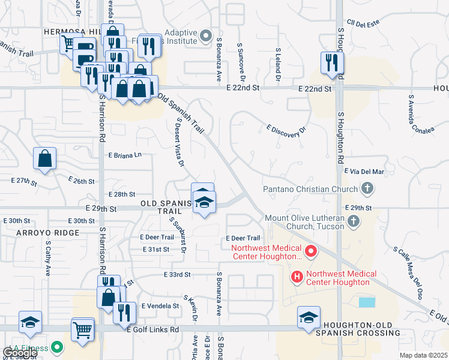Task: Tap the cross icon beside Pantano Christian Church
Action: pyautogui.click(x=367, y=190)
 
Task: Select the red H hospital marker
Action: pyautogui.click(x=296, y=276)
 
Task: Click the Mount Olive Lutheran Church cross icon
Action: pyautogui.click(x=354, y=221)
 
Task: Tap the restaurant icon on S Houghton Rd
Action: pyautogui.click(x=331, y=62)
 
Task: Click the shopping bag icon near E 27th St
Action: pyautogui.click(x=44, y=159)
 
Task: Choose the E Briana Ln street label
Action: pyautogui.click(x=125, y=155)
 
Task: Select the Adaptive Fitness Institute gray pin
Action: pyautogui.click(x=206, y=37)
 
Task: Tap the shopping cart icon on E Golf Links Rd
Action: pyautogui.click(x=82, y=329)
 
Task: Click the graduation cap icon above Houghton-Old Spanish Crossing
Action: pyautogui.click(x=309, y=317)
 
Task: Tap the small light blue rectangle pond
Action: pyautogui.click(x=366, y=302)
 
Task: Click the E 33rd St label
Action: pyautogui.click(x=176, y=274)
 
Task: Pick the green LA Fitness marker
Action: pyautogui.click(x=57, y=347)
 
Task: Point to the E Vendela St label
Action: pyautogui.click(x=160, y=305)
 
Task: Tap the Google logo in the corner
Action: pyautogui.click(x=19, y=353)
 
